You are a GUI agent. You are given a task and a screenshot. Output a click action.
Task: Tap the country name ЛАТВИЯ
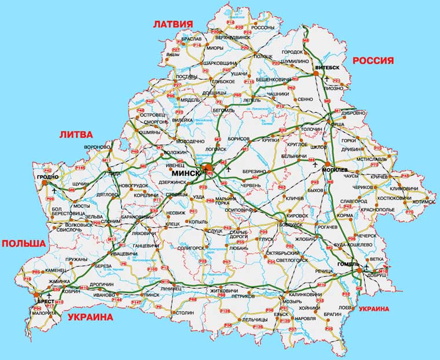click(172, 24)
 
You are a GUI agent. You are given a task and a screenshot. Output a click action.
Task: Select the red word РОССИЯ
click(373, 60)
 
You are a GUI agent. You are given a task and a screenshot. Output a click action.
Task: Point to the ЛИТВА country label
click(76, 134)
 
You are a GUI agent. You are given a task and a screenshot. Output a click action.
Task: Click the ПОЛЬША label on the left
click(23, 243)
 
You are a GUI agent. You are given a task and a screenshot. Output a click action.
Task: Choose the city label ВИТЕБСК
click(327, 68)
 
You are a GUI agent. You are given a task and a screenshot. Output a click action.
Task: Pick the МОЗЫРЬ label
click(291, 302)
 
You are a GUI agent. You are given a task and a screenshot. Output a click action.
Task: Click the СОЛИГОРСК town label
click(182, 248)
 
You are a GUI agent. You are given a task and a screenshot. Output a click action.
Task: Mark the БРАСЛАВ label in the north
click(190, 39)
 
